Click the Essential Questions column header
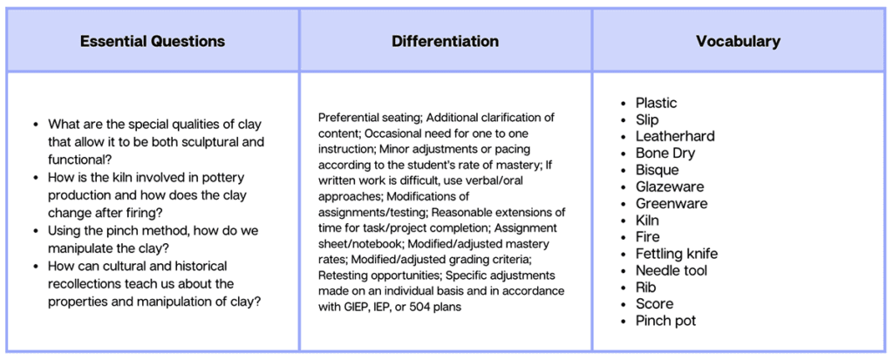click(152, 42)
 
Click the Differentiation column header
click(446, 42)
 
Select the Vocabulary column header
click(738, 42)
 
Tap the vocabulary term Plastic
click(656, 103)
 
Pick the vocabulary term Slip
click(647, 120)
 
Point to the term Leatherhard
click(675, 137)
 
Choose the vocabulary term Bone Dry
click(665, 153)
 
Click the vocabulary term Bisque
click(658, 170)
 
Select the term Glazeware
click(670, 187)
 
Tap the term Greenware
click(671, 203)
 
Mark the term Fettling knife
click(677, 254)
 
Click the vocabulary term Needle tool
click(671, 270)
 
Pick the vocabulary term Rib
click(646, 287)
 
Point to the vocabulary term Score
click(654, 303)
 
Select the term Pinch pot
click(665, 321)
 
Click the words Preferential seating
click(370, 118)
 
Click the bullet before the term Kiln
click(623, 221)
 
